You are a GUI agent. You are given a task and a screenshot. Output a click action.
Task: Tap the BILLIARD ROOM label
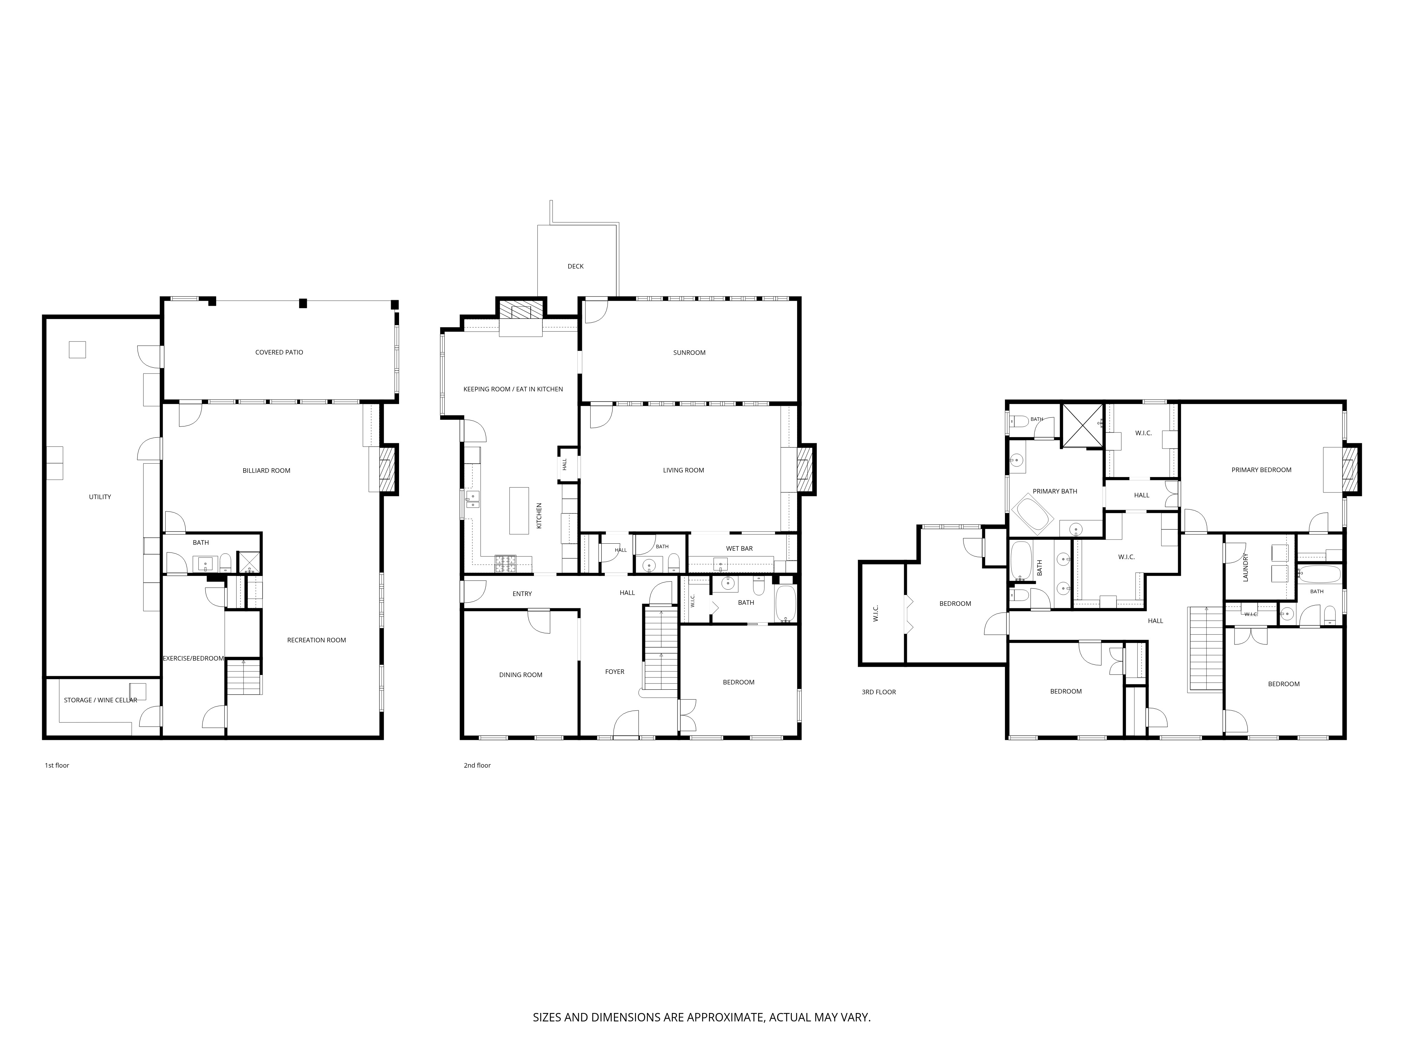266,470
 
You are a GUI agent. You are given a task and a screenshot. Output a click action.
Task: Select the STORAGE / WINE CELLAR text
100,700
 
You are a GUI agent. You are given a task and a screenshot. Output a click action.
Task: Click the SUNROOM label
689,352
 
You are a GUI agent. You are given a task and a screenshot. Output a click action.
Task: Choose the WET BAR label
740,548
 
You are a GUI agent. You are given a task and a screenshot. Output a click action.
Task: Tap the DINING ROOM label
521,675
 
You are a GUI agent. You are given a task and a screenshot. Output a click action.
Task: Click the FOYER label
614,671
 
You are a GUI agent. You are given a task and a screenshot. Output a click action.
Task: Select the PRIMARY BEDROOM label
1261,470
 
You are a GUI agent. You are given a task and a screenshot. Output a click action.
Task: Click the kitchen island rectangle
519,510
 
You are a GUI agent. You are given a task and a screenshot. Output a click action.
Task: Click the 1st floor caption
57,766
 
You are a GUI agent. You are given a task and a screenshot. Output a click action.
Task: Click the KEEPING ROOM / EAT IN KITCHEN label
513,389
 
